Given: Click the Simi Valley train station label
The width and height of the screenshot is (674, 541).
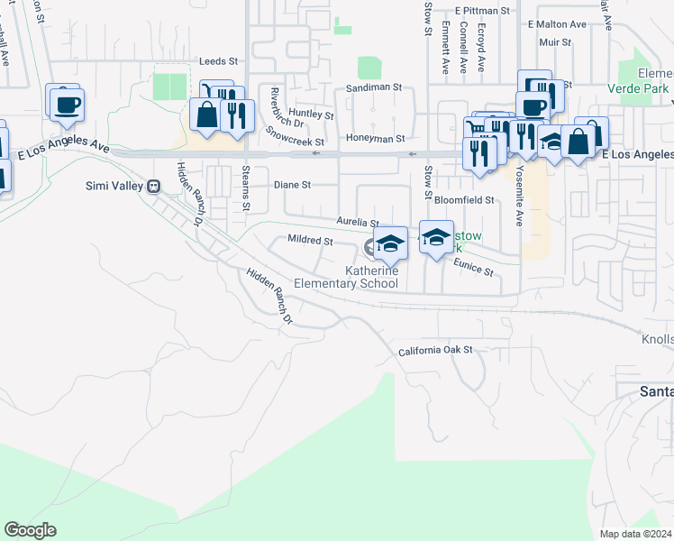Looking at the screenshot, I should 122,186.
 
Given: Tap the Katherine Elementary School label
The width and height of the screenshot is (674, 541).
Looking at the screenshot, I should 372,277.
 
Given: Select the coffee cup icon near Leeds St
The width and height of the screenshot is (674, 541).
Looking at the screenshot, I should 66,105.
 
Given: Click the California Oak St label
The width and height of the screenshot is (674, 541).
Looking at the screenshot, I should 435,351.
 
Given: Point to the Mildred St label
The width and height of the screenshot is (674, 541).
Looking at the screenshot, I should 310,241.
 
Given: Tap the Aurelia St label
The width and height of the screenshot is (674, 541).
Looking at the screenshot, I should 357,221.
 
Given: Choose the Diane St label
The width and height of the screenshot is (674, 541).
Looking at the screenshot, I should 292,185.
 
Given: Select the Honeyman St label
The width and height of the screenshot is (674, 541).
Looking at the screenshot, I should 375,139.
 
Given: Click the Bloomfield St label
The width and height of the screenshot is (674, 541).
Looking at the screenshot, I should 465,199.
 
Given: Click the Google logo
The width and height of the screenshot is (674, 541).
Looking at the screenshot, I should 30,530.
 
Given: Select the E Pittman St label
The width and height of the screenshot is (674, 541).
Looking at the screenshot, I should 482,10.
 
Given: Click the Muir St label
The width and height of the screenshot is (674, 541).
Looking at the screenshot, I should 554,41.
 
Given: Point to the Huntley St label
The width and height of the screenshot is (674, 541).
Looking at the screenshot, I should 311,115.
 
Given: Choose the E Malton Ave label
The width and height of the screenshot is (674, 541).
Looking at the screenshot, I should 557,24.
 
